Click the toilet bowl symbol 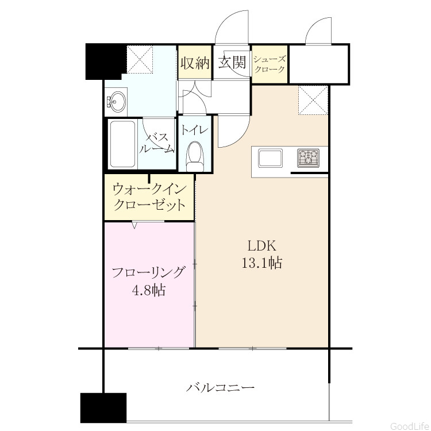pyautogui.click(x=195, y=157)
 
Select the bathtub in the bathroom pyautogui.click(x=122, y=144)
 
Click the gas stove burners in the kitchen pyautogui.click(x=309, y=158)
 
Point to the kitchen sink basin pyautogui.click(x=270, y=158)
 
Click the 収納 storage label pyautogui.click(x=195, y=63)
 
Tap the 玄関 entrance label pyautogui.click(x=232, y=63)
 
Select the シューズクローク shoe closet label pyautogui.click(x=270, y=64)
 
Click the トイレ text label pyautogui.click(x=195, y=130)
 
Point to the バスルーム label pyautogui.click(x=157, y=143)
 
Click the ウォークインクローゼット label pyautogui.click(x=149, y=197)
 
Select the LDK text pyautogui.click(x=262, y=246)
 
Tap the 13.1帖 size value pyautogui.click(x=262, y=263)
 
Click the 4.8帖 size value pyautogui.click(x=148, y=290)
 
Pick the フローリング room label pyautogui.click(x=148, y=272)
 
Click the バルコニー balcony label pyautogui.click(x=221, y=388)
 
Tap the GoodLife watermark pyautogui.click(x=410, y=426)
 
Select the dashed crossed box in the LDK pyautogui.click(x=313, y=100)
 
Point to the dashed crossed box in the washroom pyautogui.click(x=140, y=59)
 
